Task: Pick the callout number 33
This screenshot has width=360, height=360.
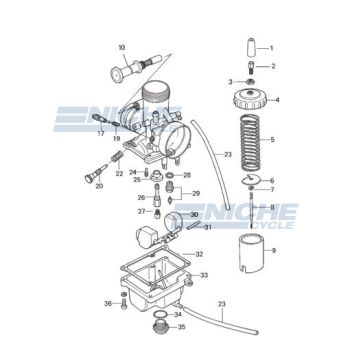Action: [x=231, y=274]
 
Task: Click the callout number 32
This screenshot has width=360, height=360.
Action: [x=228, y=255]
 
